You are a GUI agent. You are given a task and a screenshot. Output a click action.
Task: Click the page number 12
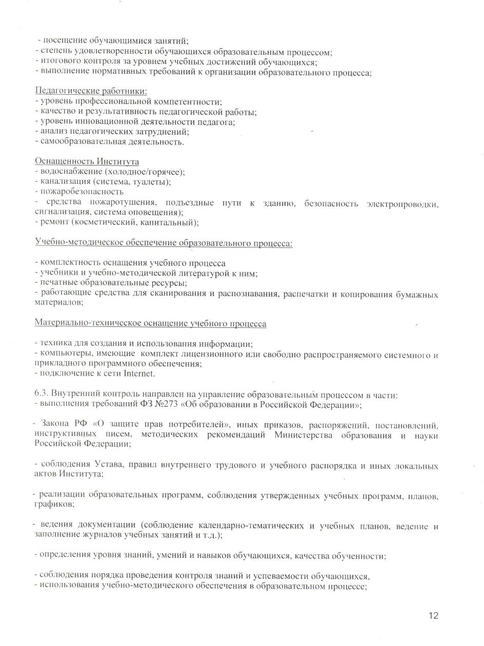[433, 616]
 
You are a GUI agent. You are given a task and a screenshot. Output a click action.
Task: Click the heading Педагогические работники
[91, 91]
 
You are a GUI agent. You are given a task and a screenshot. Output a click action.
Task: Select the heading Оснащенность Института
[87, 161]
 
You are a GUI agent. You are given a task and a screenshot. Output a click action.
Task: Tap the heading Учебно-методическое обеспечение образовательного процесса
[164, 243]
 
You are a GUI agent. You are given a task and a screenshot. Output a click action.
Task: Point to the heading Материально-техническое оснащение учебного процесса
[150, 324]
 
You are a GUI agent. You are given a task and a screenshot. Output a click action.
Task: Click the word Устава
[110, 466]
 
